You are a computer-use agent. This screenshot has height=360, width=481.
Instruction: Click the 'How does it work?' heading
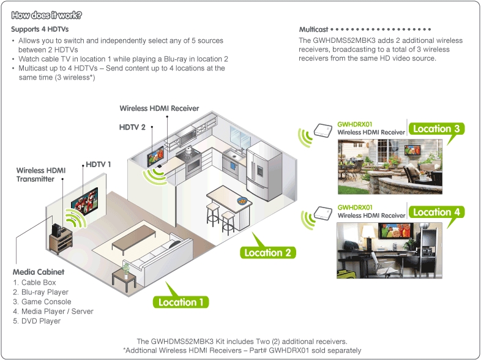tap(47, 15)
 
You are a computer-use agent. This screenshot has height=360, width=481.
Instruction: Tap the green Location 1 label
tap(181, 302)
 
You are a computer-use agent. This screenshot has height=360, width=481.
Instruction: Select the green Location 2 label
tap(267, 252)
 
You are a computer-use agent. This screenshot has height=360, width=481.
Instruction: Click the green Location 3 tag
tap(436, 129)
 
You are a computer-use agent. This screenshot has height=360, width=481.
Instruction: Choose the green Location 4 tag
tap(436, 212)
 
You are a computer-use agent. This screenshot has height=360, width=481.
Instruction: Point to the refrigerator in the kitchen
tap(264, 170)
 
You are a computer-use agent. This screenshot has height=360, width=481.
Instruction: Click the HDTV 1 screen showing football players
tap(84, 203)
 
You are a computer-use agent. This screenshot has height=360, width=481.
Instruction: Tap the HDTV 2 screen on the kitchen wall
tap(155, 156)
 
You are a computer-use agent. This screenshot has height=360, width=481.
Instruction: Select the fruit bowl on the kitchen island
tap(242, 201)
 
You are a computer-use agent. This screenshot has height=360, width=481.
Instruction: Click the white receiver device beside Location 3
tap(323, 130)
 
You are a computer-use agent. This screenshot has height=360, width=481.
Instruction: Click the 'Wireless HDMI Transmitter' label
tap(41, 174)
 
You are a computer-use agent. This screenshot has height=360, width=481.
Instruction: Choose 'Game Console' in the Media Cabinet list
tap(42, 302)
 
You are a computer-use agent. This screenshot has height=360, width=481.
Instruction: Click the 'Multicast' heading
tap(313, 29)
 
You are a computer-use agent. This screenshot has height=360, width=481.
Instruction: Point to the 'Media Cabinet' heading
tap(39, 272)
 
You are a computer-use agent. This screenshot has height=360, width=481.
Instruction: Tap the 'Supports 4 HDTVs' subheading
tap(40, 29)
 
